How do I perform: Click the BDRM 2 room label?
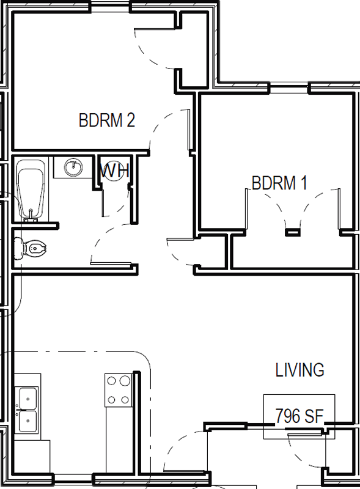coord(107,120)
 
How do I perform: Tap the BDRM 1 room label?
coord(279,183)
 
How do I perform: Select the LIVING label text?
coord(299,370)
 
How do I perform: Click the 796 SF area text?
coord(299,416)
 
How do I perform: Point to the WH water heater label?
coord(115,171)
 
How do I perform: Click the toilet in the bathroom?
coord(31,248)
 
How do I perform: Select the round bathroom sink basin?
coord(74,167)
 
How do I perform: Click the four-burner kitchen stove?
coord(118,390)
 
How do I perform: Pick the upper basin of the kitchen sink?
coord(28,398)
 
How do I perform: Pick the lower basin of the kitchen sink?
coord(28,421)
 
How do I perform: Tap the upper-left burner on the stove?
coord(111,380)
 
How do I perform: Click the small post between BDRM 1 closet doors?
coord(293,232)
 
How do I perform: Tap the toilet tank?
coord(19,248)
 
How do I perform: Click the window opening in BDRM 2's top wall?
coord(111,7)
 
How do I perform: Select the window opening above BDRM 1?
coord(289,89)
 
